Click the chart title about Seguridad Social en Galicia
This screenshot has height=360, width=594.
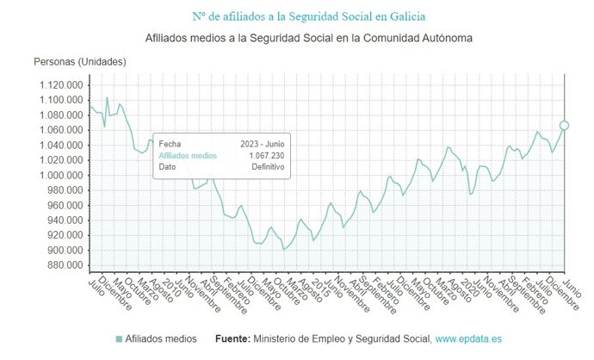[x=297, y=16]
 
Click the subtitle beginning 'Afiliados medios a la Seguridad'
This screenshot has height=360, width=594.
[x=297, y=39]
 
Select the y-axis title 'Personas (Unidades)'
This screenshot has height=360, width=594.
[x=80, y=62]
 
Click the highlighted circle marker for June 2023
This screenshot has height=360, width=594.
[x=564, y=125]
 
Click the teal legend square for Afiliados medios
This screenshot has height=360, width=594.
[x=119, y=338]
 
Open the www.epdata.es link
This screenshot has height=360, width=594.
[x=468, y=338]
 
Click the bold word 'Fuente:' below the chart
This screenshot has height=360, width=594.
[x=232, y=338]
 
